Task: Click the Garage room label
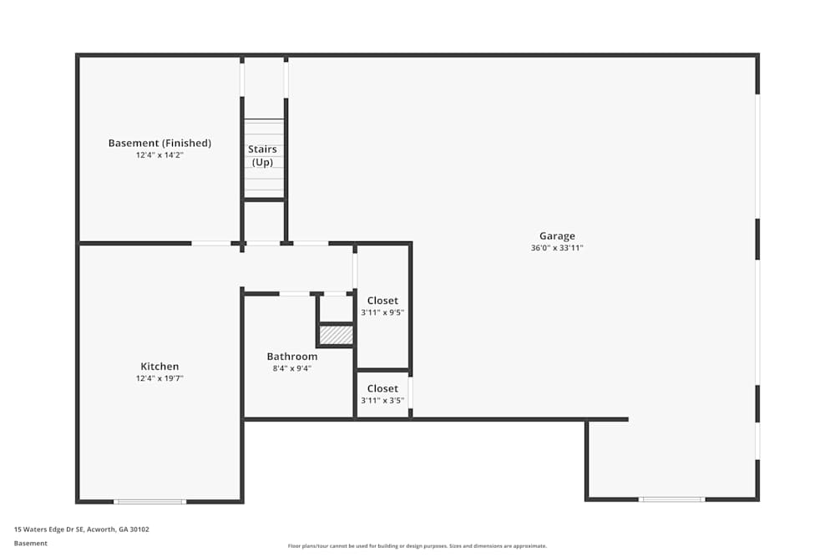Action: [x=557, y=236]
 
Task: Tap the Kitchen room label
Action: [x=159, y=367]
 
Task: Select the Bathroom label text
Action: [x=292, y=357]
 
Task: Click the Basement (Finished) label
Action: [x=159, y=143]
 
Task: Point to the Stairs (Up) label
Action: [x=263, y=155]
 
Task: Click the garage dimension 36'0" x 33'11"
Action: [x=557, y=248]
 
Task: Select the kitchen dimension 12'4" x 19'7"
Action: [x=159, y=378]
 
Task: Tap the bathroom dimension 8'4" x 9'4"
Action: [x=292, y=368]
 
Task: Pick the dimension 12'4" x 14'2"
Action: [x=159, y=154]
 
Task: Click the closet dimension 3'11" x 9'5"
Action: [x=382, y=312]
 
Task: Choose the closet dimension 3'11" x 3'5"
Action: [x=382, y=400]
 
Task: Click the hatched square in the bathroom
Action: [x=337, y=335]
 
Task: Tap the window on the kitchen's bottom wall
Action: [x=150, y=501]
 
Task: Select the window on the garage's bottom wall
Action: [x=671, y=499]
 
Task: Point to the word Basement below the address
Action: [x=31, y=543]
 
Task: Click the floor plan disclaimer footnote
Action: [x=417, y=546]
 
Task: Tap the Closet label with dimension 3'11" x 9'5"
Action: [x=382, y=301]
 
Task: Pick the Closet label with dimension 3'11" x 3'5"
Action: [x=382, y=388]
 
